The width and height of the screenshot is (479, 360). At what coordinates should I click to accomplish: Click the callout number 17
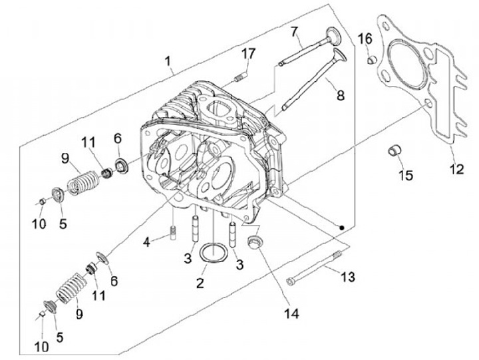[x=248, y=54]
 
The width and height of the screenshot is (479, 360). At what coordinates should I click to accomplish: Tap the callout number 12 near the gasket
[x=456, y=169]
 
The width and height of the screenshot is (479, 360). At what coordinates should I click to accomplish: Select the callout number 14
[x=292, y=313]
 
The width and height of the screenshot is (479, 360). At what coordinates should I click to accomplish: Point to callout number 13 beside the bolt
[x=348, y=277]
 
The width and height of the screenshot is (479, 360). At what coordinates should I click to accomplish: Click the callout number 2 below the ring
[x=200, y=283]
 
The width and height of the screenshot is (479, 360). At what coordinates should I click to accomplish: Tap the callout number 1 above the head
[x=168, y=61]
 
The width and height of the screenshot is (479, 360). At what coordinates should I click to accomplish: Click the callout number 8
[x=341, y=95]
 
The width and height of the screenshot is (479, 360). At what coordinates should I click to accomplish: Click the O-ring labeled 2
[x=214, y=252]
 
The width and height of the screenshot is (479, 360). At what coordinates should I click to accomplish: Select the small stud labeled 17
[x=241, y=77]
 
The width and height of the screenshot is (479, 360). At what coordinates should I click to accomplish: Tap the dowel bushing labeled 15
[x=395, y=150]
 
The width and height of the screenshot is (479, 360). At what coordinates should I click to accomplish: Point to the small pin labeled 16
[x=372, y=59]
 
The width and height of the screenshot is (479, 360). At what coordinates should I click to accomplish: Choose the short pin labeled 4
[x=173, y=233]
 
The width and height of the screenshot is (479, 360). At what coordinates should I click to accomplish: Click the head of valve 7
[x=333, y=36]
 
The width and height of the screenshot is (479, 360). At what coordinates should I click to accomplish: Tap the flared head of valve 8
[x=340, y=55]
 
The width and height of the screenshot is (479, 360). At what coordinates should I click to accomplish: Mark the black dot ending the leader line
[x=342, y=228]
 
